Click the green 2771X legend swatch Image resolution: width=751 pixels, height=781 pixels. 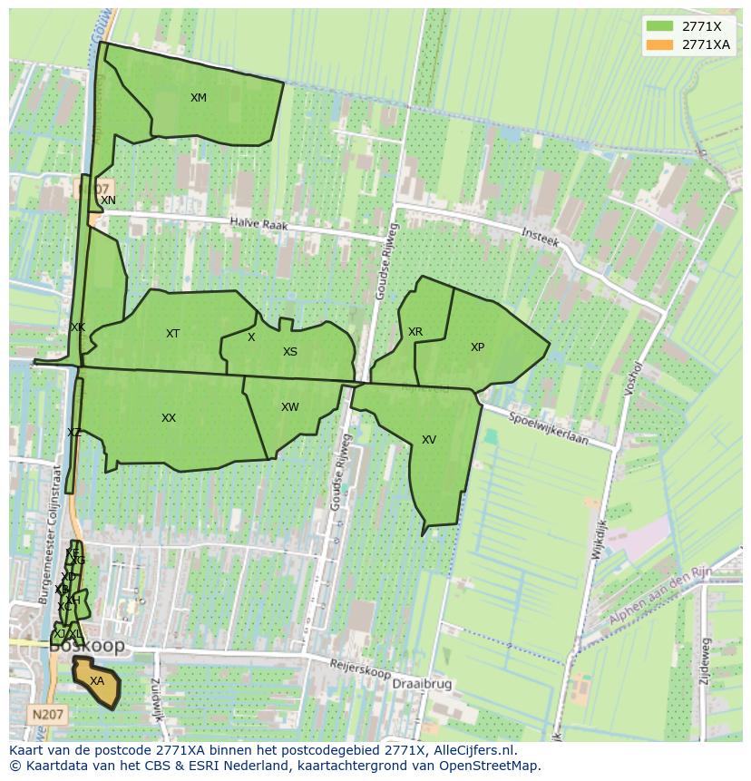[x=660, y=26]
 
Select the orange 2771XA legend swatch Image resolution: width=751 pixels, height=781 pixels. [x=660, y=44]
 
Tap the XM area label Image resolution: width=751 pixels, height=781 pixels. [x=199, y=98]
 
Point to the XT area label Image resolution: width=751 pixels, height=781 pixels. [x=172, y=334]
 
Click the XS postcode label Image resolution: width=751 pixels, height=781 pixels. [x=289, y=352]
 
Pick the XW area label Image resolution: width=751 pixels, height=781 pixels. [x=289, y=407]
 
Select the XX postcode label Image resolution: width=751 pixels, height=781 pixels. [x=169, y=418]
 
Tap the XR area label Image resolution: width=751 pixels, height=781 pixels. [x=415, y=332]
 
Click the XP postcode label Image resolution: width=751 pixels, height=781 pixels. [x=477, y=347]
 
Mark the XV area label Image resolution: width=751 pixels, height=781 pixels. [x=429, y=440]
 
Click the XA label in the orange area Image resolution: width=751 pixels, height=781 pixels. [x=97, y=681]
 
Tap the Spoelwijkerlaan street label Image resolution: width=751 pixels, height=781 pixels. [x=549, y=428]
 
